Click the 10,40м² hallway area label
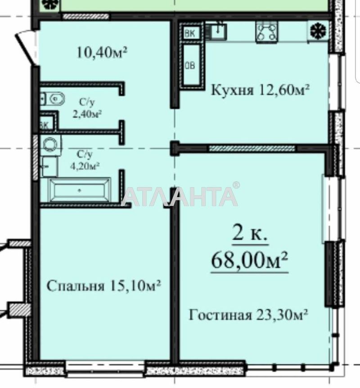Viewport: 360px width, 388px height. click(x=102, y=53)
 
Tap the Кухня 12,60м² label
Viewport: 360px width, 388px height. click(x=260, y=90)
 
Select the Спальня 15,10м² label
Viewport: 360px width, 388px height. click(x=103, y=286)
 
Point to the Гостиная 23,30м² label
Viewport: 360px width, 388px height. click(x=248, y=315)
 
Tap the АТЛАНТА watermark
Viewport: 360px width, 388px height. click(x=180, y=196)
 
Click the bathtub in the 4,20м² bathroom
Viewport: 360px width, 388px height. click(x=80, y=190)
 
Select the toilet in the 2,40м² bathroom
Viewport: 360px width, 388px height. click(x=53, y=99)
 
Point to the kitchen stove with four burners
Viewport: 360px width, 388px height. click(x=266, y=32)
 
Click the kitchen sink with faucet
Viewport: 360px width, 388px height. click(x=216, y=31)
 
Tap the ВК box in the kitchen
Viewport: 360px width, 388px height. click(x=190, y=33)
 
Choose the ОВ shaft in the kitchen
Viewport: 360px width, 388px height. click(x=190, y=65)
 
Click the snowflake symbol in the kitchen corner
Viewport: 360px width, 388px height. click(x=319, y=31)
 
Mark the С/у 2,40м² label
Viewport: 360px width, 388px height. click(x=87, y=108)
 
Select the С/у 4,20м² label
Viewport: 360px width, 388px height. click(x=85, y=160)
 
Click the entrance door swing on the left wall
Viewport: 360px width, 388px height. click(x=27, y=48)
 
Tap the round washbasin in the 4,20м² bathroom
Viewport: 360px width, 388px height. click(x=51, y=144)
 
